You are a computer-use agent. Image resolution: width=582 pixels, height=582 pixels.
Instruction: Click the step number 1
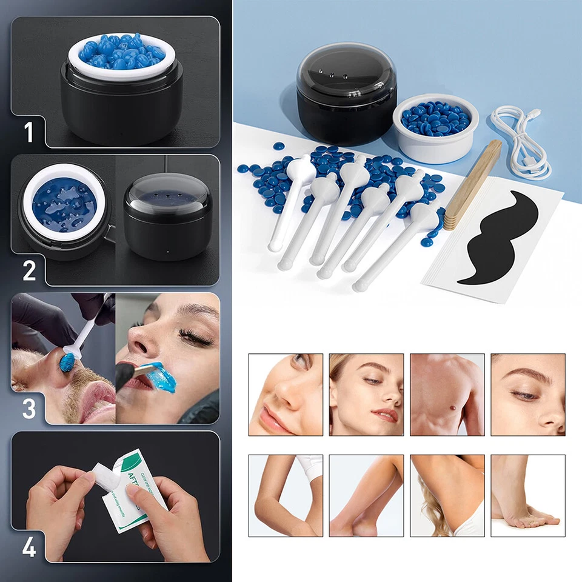pyautogui.click(x=28, y=132)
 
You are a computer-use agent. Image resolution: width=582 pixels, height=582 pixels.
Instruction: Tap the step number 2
pyautogui.click(x=29, y=270)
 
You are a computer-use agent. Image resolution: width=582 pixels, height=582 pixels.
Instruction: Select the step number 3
pyautogui.click(x=29, y=408)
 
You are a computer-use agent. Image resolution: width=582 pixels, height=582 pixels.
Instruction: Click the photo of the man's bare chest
pyautogui.click(x=447, y=395)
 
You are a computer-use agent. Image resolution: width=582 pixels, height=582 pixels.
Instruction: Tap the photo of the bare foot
pyautogui.click(x=527, y=495)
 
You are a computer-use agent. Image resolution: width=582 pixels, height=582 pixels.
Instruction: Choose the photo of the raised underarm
pyautogui.click(x=447, y=495)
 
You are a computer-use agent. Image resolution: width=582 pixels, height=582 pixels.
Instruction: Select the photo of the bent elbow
pyautogui.click(x=286, y=495)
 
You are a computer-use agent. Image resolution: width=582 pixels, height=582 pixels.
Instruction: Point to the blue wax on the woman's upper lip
pyautogui.click(x=159, y=377)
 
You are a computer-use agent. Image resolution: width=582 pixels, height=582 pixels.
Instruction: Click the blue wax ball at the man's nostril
pyautogui.click(x=67, y=363)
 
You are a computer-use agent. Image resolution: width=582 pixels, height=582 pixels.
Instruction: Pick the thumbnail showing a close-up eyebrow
pyautogui.click(x=527, y=395)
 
